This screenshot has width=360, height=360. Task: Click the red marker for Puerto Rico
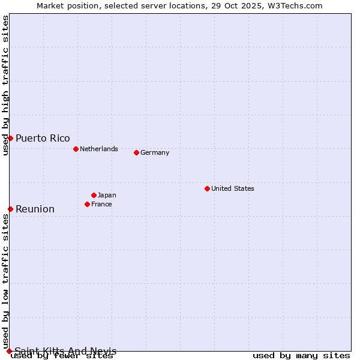click(x=10, y=138)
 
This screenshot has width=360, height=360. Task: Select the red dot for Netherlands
click(x=76, y=149)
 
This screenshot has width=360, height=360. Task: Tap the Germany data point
click(x=136, y=152)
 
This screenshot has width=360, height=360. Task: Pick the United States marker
click(x=207, y=188)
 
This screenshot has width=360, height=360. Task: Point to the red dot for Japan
click(x=94, y=195)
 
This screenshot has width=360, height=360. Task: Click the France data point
click(x=87, y=204)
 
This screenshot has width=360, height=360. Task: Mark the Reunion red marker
click(x=10, y=209)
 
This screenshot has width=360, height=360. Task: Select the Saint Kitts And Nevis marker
click(x=9, y=351)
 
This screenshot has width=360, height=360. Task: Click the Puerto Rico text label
click(x=43, y=138)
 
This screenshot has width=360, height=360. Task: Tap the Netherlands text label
click(x=99, y=149)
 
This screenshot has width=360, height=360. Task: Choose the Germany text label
click(x=155, y=152)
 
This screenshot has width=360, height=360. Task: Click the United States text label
click(x=233, y=188)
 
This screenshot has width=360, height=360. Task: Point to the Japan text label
click(x=107, y=195)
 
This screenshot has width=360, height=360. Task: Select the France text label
click(x=101, y=204)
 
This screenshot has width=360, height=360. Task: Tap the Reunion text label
click(x=35, y=209)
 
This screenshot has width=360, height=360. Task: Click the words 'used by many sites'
click(x=301, y=356)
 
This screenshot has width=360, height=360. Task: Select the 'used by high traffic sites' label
click(x=5, y=85)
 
